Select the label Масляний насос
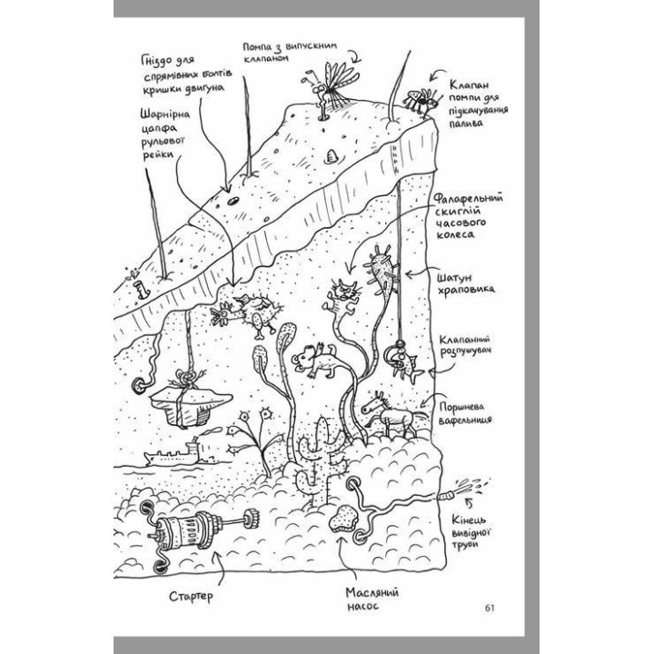(x=369, y=599)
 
